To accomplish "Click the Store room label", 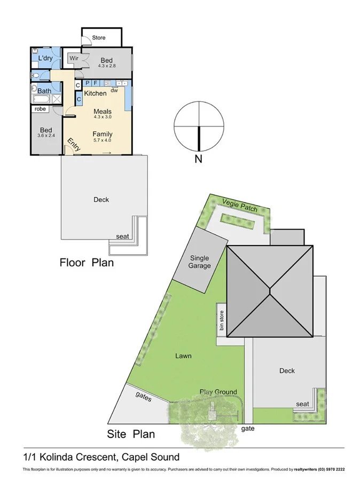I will [x=99, y=38].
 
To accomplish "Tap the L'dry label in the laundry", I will [x=45, y=58].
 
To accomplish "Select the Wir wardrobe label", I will [x=74, y=58].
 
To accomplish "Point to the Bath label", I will [x=44, y=91].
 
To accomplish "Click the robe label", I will [x=41, y=109].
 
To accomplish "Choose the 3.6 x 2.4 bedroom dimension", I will [x=46, y=136].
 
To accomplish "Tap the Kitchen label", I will [x=95, y=93].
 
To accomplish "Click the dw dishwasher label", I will [x=114, y=91].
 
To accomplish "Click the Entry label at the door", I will [x=73, y=145].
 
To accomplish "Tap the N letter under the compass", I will [x=198, y=159].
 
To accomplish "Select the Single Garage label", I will [x=200, y=262].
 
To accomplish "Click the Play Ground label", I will [x=218, y=392].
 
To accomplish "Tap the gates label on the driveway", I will [x=144, y=398].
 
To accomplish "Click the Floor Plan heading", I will [x=86, y=263].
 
